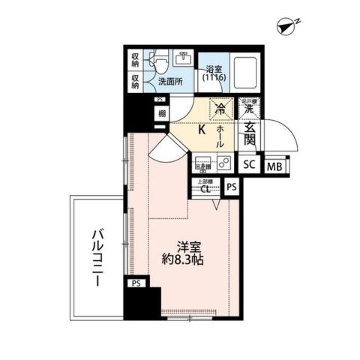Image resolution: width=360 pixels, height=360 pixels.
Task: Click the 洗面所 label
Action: (169, 81)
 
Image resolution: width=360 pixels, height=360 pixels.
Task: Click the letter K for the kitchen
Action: (202, 128)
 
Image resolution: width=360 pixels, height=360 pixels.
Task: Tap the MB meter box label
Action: (275, 166)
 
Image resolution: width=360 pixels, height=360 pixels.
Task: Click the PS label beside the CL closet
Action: (232, 187)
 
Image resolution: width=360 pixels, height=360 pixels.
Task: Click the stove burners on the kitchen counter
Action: (224, 162)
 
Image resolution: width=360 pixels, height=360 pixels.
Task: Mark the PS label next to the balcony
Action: (136, 283)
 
